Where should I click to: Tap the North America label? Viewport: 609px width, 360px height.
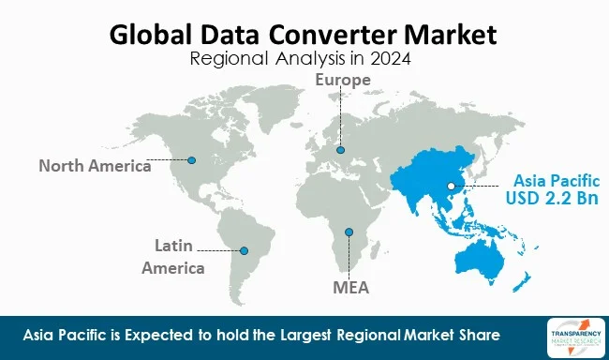click(x=94, y=166)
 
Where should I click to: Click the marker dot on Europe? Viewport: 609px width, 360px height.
click(x=340, y=149)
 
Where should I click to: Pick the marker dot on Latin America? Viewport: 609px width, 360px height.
click(x=245, y=250)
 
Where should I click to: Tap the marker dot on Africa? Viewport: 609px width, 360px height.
click(x=349, y=232)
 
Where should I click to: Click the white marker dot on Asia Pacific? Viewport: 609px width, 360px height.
click(x=452, y=187)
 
